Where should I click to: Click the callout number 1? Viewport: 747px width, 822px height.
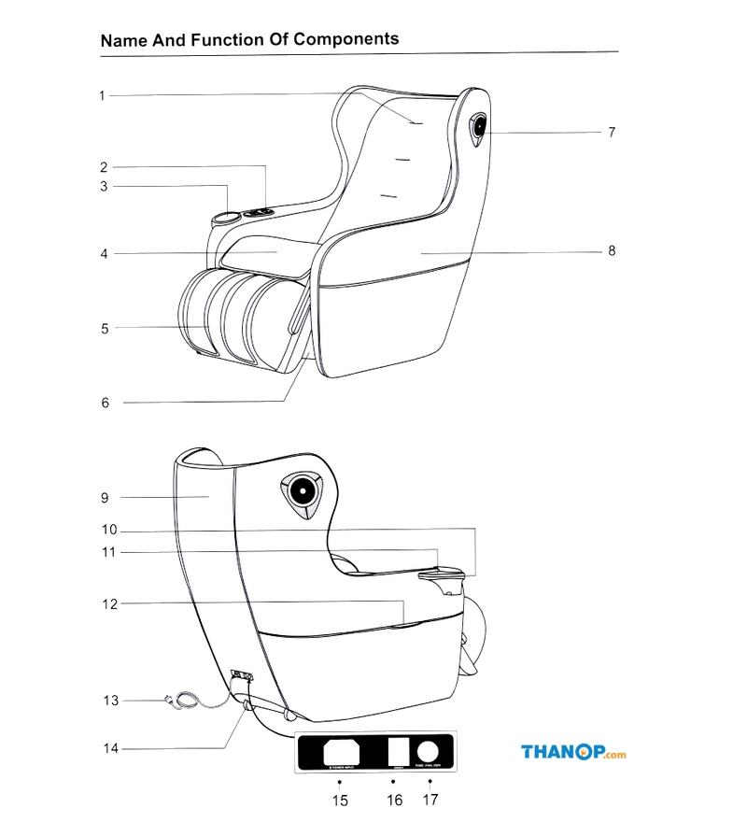103,95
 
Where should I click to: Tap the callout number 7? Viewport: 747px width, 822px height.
612,133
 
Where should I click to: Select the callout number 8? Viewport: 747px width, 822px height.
612,250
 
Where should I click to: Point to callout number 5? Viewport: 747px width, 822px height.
105,328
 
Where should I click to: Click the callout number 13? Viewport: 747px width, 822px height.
111,700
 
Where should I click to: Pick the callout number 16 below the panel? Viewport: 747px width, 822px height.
395,800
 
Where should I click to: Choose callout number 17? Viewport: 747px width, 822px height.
430,800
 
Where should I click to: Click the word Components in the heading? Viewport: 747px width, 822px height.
346,39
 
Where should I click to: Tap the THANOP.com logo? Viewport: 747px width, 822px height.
572,753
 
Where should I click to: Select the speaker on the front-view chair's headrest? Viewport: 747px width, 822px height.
479,127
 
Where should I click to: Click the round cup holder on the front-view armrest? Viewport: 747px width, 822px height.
225,220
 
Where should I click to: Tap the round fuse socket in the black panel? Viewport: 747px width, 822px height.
428,751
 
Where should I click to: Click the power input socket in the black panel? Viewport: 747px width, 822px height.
340,752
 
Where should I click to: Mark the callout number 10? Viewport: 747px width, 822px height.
110,530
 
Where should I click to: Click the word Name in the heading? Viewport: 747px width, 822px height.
122,40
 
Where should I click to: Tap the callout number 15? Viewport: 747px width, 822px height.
340,801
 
